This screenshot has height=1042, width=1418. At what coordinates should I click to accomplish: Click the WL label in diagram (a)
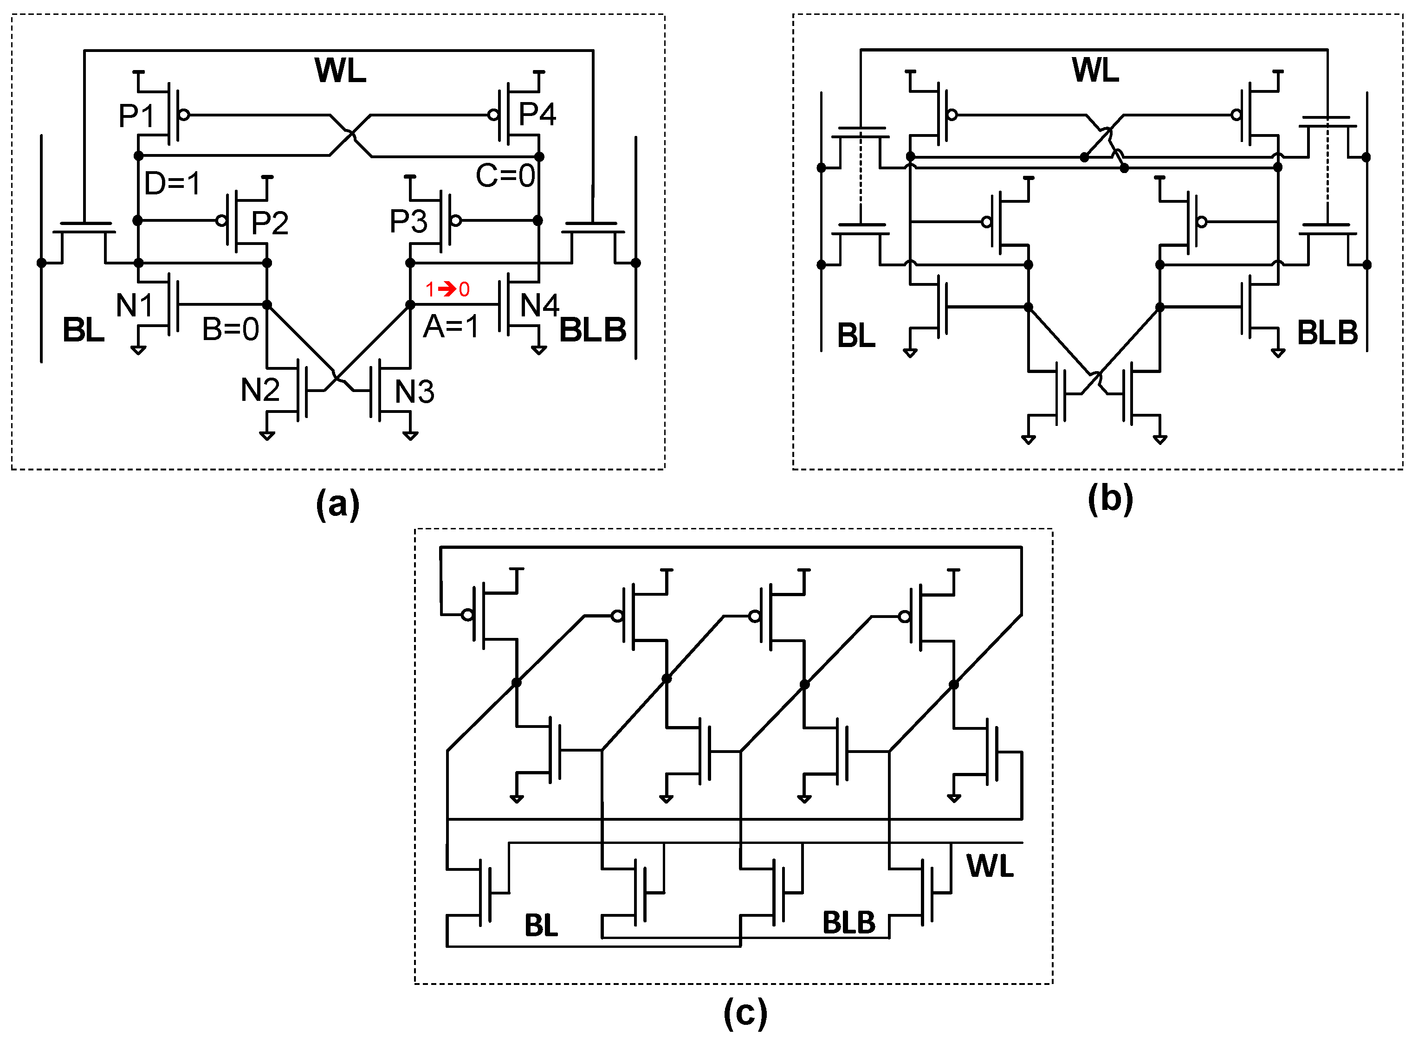click(340, 70)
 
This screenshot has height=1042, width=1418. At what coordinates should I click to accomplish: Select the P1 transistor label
click(137, 116)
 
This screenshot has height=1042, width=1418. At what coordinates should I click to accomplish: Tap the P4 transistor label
click(537, 114)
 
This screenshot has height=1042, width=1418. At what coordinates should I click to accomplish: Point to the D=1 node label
click(172, 184)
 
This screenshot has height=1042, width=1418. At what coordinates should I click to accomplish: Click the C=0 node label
click(505, 175)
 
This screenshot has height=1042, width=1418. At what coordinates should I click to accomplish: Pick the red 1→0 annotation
click(447, 289)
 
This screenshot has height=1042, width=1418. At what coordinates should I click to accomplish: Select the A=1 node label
click(451, 327)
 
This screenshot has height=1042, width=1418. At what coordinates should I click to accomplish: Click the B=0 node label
click(230, 329)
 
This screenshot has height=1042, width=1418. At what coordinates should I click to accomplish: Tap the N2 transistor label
click(260, 390)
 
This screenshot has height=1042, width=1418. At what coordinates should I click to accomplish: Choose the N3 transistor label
click(414, 392)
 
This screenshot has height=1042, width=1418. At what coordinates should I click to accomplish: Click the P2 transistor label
click(270, 223)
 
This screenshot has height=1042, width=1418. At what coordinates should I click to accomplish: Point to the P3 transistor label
click(408, 221)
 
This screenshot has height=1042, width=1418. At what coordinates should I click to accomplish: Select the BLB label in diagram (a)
click(593, 330)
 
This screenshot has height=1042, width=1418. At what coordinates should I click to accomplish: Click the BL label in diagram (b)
click(856, 335)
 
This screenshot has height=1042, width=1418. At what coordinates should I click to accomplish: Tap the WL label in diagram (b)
click(1095, 70)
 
